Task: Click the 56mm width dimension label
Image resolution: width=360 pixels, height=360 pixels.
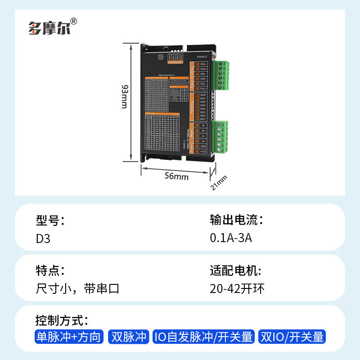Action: pos(176,176)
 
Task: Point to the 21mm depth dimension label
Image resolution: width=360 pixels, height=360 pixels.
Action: pos(220,182)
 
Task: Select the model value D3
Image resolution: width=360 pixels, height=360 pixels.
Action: pos(43,238)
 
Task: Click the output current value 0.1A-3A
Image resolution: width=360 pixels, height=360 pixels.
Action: pos(231,238)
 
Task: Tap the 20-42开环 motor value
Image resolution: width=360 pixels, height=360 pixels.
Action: pos(237,288)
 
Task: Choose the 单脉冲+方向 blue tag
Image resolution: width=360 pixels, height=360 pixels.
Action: pos(69,337)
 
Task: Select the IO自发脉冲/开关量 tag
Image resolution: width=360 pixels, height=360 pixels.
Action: pos(204,337)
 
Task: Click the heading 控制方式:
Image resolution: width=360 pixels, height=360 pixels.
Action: pos(62,321)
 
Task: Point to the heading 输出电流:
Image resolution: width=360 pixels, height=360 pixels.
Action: pos(236,220)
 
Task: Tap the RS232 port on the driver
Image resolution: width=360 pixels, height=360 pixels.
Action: pos(161,57)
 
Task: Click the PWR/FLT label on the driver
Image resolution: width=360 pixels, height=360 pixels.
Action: pos(202,57)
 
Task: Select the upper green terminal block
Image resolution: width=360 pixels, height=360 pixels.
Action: pos(223,76)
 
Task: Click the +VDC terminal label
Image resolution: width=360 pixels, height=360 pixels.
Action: pos(203,152)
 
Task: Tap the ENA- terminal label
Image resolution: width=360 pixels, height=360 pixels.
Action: pos(203,63)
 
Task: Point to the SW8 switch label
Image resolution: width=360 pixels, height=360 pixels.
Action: pos(203,95)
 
